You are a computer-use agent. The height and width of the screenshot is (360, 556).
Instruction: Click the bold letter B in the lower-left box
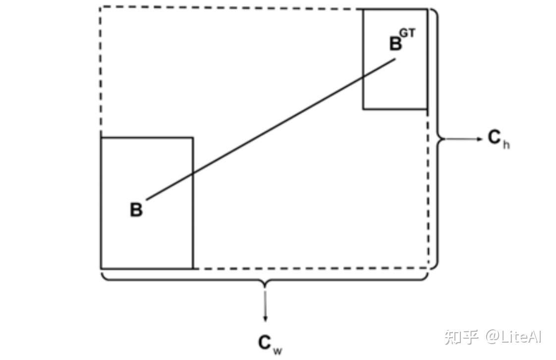pos(136,210)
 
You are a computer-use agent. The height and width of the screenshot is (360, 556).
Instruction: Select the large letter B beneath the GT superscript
pos(395,44)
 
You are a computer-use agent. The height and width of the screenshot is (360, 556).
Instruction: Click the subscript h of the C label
pos(506,146)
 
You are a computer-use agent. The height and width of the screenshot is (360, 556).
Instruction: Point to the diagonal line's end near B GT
pos(395,60)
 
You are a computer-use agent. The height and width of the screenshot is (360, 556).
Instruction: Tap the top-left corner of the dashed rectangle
pos(101,7)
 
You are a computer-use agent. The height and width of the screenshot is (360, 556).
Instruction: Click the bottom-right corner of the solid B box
pos(192,268)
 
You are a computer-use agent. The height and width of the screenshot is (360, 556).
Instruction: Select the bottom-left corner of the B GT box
pos(363,109)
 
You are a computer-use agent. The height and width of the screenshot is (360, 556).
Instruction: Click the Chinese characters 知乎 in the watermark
pos(461,337)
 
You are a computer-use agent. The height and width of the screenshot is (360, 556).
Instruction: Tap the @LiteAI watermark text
pos(513,337)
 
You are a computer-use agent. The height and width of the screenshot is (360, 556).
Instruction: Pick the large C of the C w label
pos(265,343)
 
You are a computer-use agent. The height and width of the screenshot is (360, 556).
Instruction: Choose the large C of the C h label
pos(495,138)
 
